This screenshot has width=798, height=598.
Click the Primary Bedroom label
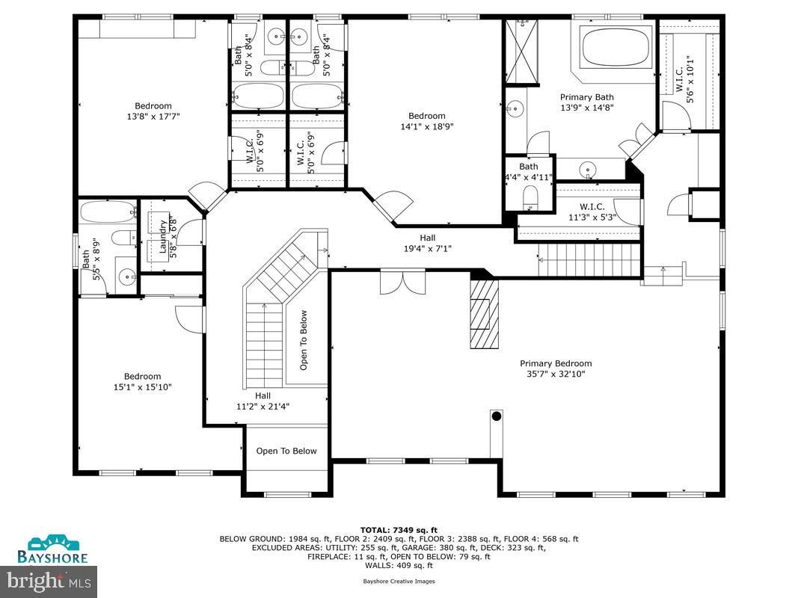pos(556,363)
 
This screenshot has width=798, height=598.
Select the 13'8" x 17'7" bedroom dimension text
pos(153,116)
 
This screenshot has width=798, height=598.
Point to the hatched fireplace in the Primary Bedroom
pos(485,314)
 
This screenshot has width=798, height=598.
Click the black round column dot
pos(496,415)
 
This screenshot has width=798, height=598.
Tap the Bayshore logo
pos(53,549)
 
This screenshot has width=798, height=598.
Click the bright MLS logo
pos(49,579)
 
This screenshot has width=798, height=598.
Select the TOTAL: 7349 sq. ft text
pos(399,528)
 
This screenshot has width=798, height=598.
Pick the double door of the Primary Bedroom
pos(402,283)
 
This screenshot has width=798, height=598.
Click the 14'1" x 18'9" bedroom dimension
pos(426,126)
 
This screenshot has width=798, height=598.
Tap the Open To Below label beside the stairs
pos(304,340)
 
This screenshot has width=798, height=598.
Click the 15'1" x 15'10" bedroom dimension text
pos(142,386)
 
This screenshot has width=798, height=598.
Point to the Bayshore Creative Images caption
pos(399,581)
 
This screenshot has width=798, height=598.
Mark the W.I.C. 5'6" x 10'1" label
pos(684,81)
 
